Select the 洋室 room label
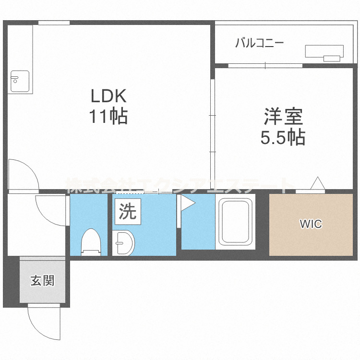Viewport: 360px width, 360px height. pyautogui.click(x=283, y=118)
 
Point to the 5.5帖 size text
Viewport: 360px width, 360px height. pyautogui.click(x=283, y=138)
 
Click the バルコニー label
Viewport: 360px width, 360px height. pyautogui.click(x=259, y=44)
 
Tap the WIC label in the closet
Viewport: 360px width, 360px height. pyautogui.click(x=311, y=224)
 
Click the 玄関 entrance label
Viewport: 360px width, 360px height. pyautogui.click(x=42, y=281)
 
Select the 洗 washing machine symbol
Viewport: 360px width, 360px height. pyautogui.click(x=128, y=212)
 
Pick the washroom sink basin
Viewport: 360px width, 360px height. pyautogui.click(x=124, y=243)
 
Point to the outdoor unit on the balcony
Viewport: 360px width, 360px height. pyautogui.click(x=324, y=52)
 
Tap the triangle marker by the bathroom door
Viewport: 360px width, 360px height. pyautogui.click(x=186, y=204)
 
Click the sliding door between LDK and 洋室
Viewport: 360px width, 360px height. pyautogui.click(x=212, y=115)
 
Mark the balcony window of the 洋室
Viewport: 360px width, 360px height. pyautogui.click(x=265, y=66)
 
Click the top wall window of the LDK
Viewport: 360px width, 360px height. pyautogui.click(x=54, y=23)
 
